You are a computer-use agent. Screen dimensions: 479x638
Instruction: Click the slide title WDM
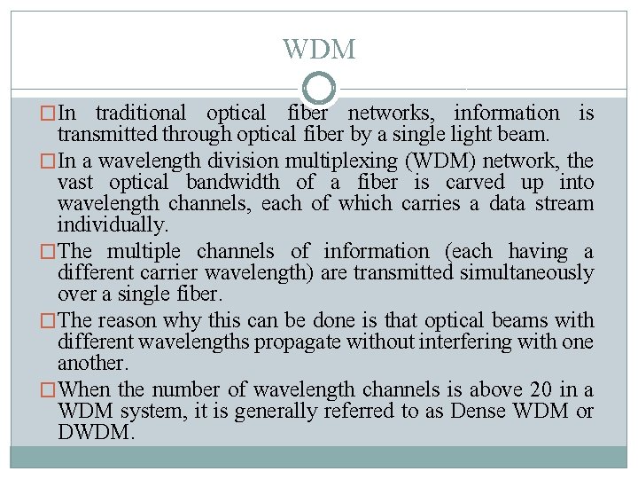[319, 49]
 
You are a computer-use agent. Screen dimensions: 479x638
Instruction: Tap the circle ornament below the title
[319, 89]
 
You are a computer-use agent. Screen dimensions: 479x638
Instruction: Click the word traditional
[140, 114]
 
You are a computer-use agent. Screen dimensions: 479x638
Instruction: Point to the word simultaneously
[526, 273]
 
